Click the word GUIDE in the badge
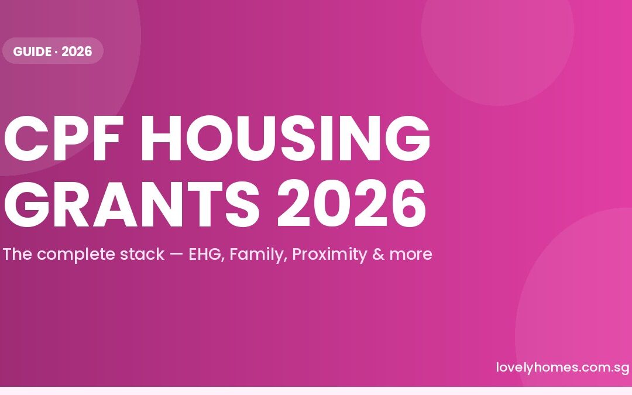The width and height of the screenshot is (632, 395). [x=32, y=51]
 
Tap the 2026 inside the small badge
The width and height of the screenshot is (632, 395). [x=77, y=51]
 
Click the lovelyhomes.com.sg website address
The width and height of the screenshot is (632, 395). [x=562, y=367]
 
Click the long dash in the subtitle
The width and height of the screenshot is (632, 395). [x=176, y=255]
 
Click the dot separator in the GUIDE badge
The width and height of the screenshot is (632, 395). [x=56, y=51]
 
